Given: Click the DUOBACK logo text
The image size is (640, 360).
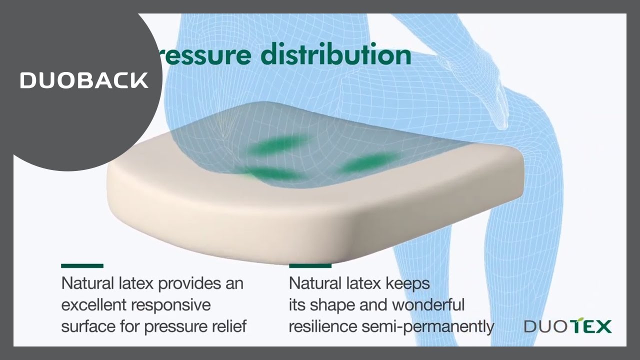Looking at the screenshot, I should point(84,80).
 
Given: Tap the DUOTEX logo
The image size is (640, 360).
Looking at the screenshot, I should point(567,327).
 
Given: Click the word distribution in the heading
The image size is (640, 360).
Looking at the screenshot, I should point(335,54).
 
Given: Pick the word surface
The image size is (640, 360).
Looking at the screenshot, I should point(88,326).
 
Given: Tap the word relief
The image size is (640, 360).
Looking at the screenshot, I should point(229,326).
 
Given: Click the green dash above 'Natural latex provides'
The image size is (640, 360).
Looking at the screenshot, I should point(82,266).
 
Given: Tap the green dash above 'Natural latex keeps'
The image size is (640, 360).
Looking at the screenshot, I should point(310,266).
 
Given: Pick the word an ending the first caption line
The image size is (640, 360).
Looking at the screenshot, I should point(233,283).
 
